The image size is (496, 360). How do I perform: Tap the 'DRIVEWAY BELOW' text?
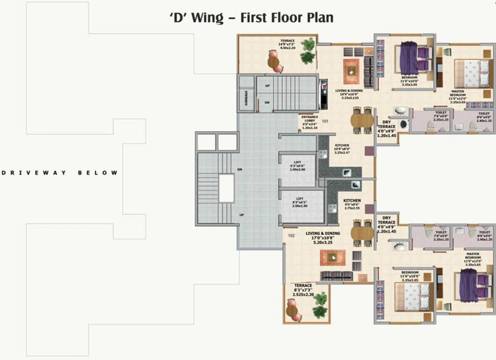[60, 173]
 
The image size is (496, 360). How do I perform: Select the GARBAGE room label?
[246, 98]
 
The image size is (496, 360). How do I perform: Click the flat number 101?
[325, 121]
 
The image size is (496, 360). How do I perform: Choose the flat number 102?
[291, 236]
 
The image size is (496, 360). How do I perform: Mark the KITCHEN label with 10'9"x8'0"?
[342, 149]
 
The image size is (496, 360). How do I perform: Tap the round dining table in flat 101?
[362, 120]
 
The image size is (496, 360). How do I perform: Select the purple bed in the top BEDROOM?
[409, 58]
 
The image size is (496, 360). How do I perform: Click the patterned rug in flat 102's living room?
[332, 257]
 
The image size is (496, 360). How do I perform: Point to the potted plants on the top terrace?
[308, 51]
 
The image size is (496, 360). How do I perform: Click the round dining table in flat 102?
[362, 233]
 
